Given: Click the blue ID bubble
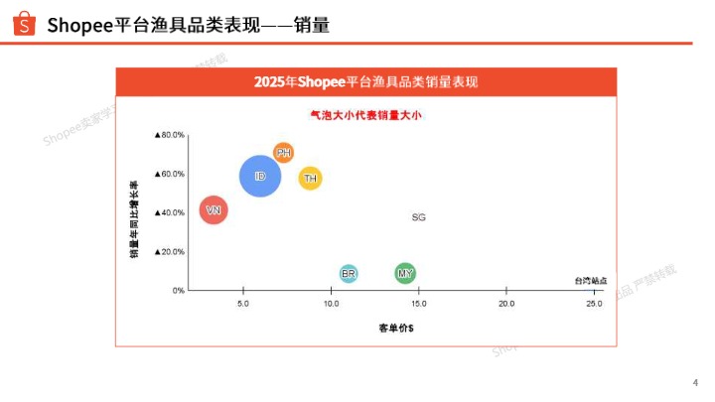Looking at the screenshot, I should coord(260,177).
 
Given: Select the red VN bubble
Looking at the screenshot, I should coord(214,210).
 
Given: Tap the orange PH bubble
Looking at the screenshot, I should coord(284,153).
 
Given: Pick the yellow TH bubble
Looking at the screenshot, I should coord(311,179).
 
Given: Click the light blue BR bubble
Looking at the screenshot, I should coord(349,273).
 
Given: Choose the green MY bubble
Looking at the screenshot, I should coord(405,273).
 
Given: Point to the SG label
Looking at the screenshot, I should coord(418,216).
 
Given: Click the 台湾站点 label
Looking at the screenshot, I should coord(590,281).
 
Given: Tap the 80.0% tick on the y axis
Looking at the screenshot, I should coord(170,135).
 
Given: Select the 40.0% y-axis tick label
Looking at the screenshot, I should coord(170,212).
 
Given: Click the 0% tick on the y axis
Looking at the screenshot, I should coord(179,291).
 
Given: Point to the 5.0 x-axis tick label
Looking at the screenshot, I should coord(243,303).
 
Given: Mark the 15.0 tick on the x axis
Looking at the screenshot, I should coord(419,303).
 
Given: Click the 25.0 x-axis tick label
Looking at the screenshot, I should coord(594,303).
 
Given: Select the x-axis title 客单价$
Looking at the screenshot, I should coord(395,327).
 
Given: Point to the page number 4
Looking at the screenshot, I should coord(694,383).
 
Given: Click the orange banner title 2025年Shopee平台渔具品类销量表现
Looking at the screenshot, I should coord(366,81).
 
